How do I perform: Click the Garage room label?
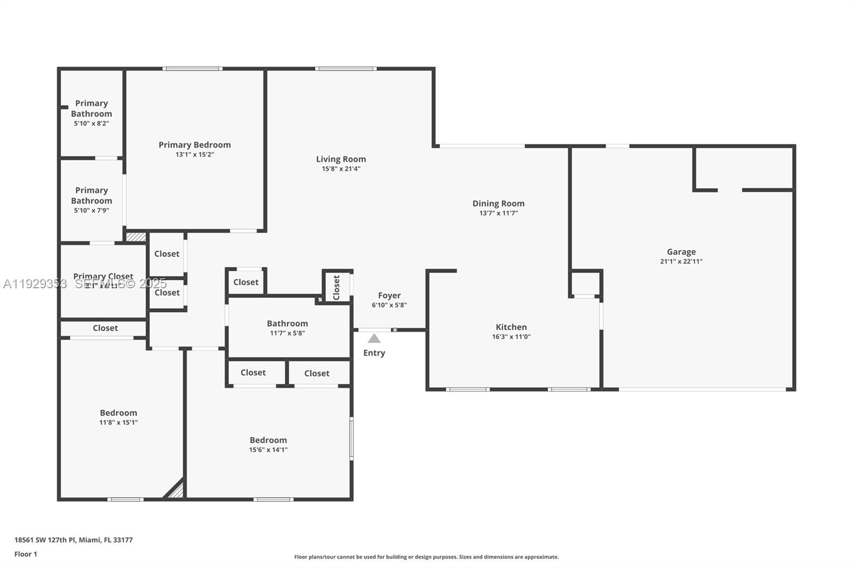[681, 251]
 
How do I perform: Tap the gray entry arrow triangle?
[374, 339]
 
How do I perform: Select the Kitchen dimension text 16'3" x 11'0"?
[511, 337]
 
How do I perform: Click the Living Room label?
[341, 159]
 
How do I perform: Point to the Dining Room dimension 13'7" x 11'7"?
[498, 213]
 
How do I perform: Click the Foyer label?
[389, 295]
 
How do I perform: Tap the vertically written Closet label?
[336, 287]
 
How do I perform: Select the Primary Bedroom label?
[195, 144]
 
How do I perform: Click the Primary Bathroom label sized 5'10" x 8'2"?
[91, 108]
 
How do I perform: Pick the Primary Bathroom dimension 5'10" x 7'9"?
[91, 210]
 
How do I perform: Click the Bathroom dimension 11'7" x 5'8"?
[287, 334]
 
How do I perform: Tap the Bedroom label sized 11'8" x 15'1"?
[118, 412]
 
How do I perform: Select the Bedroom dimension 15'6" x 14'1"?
[268, 450]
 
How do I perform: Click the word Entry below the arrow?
[374, 353]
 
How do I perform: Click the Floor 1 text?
[26, 554]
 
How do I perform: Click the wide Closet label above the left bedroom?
[105, 328]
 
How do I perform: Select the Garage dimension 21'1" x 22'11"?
[681, 262]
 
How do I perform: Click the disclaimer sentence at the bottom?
[426, 557]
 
